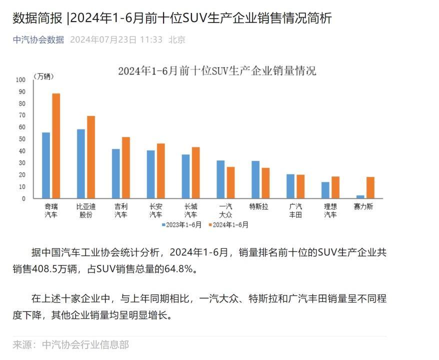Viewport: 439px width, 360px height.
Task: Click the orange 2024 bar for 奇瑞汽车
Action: coord(56,145)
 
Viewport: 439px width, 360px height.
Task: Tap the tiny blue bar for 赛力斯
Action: coord(360,196)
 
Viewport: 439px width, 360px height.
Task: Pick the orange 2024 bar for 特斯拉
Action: coord(265,183)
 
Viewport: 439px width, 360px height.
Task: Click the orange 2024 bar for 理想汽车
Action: coord(335,187)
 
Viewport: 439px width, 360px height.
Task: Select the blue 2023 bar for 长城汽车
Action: coord(185,176)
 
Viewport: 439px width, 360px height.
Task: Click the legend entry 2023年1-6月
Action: coord(181,225)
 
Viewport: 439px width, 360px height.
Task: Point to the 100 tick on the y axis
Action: coord(20,79)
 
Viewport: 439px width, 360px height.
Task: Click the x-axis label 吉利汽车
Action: coord(120,210)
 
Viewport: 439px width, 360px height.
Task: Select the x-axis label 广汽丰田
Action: coord(295,210)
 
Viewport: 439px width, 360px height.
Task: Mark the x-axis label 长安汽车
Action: coord(155,210)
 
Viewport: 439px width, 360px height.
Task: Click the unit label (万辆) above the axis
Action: coord(44,76)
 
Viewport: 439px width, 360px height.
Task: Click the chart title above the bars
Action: coord(217,70)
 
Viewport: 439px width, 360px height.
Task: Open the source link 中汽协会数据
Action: coord(38,39)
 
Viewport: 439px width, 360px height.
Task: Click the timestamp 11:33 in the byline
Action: coord(151,39)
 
